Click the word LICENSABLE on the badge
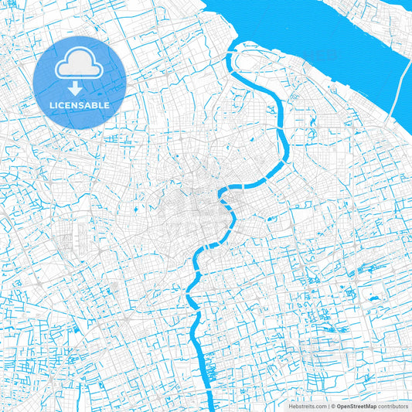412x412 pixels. click(80, 104)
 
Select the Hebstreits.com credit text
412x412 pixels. click(307, 406)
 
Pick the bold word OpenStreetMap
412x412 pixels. click(356, 406)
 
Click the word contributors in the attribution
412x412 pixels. click(393, 406)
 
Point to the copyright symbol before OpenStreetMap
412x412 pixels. click(332, 406)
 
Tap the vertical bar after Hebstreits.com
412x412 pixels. click(328, 406)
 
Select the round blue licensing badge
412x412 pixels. click(80, 82)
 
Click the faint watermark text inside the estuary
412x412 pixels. click(319, 54)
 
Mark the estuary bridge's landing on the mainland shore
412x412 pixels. click(395, 116)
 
